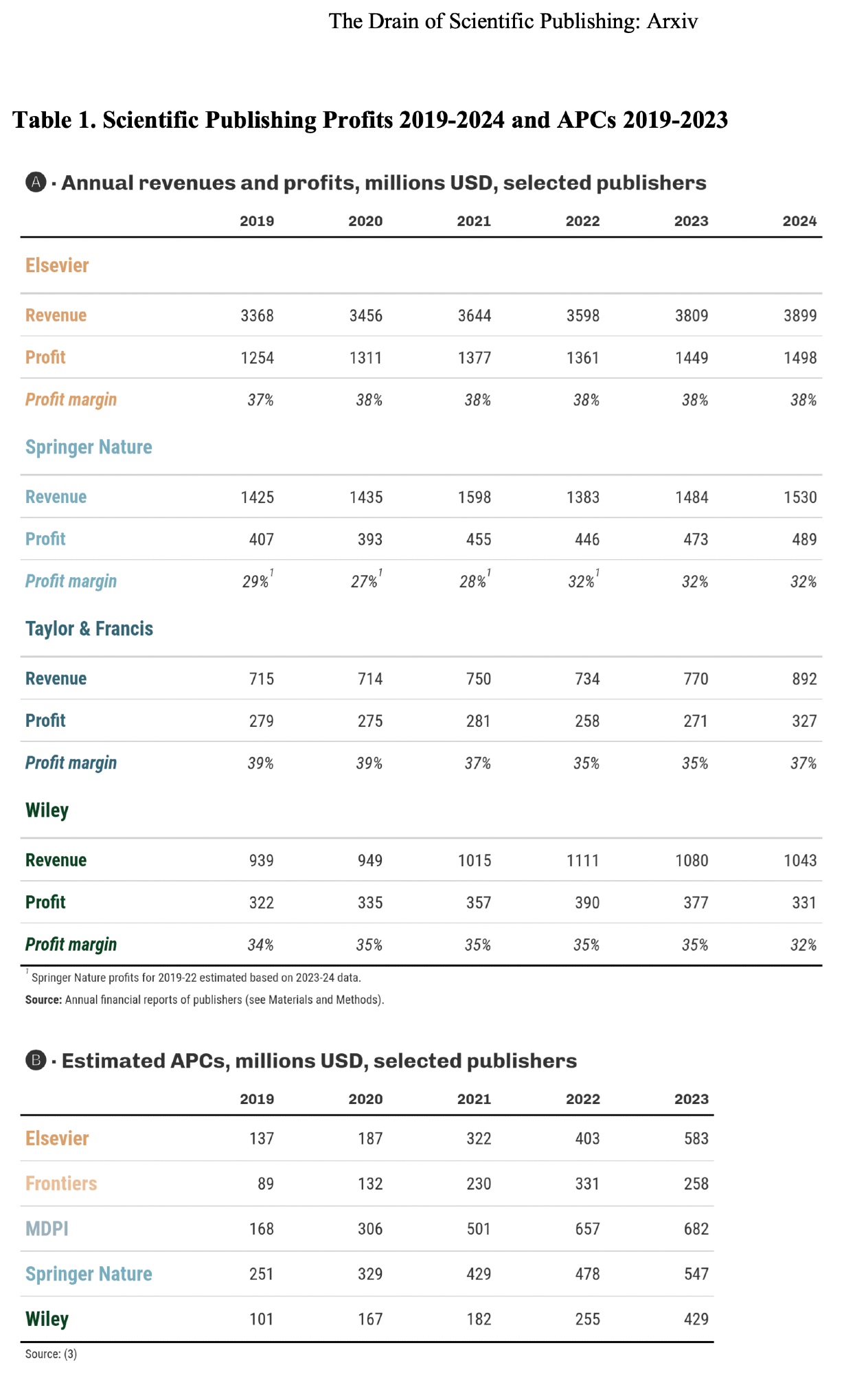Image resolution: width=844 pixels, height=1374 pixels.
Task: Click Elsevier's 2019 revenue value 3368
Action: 257,315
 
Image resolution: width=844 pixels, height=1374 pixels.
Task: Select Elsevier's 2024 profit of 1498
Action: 800,358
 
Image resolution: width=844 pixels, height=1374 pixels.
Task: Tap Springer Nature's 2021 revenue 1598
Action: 475,497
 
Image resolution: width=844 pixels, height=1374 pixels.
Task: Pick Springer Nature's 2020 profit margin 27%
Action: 365,582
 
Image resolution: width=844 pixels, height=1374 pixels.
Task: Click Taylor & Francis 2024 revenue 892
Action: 804,679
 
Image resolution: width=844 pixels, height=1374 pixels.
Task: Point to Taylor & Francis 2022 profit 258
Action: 587,721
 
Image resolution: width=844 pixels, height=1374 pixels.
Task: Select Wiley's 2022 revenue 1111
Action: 583,861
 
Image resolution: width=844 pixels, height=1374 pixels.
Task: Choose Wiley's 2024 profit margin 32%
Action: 803,945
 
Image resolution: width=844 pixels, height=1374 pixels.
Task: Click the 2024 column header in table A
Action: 799,221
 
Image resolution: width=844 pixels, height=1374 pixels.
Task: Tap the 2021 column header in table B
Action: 474,1099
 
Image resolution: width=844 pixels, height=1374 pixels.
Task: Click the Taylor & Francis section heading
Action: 89,629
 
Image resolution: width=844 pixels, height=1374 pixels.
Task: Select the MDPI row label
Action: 47,1228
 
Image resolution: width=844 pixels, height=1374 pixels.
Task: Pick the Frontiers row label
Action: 61,1184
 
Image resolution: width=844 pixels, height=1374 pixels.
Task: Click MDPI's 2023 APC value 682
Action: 696,1229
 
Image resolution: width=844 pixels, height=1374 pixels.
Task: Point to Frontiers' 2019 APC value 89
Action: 265,1184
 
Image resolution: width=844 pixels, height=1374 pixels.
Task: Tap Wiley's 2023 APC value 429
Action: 696,1319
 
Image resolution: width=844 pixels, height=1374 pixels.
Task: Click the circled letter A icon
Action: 36,183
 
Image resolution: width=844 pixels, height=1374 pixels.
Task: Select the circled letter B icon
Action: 36,1061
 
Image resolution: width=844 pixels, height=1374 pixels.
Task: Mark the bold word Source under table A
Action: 43,1000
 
